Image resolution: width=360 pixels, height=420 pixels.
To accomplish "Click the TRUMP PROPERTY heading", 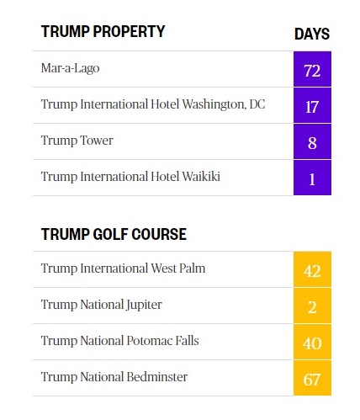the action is coord(103,31).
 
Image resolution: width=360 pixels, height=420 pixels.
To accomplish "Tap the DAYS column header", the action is coord(312,34).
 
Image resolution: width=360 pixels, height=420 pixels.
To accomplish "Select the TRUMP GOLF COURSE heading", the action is coord(114,234).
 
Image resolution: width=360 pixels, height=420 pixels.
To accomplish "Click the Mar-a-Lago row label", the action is coord(70,68).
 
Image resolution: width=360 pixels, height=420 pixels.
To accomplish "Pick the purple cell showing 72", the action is coord(312,69).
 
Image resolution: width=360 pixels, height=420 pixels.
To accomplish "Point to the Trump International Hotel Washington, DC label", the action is coord(153,104).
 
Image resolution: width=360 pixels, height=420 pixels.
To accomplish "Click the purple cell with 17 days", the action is coord(312,105).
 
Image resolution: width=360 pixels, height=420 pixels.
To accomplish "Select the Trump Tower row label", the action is coord(77,141).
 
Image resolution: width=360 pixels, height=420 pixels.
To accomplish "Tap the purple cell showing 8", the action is coord(312,141).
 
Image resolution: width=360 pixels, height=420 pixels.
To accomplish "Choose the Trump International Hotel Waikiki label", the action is coord(130,177).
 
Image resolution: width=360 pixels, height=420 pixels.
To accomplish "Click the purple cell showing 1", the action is coord(312,178).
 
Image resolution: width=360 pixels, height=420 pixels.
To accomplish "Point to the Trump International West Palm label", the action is coord(123,268).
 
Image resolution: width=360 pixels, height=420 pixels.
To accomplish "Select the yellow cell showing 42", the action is coord(312,269).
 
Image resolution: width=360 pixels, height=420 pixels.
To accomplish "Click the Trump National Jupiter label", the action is coord(102,305).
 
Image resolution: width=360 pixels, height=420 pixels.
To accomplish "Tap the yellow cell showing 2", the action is coord(312,306).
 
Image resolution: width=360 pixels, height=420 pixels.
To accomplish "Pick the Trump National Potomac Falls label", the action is coord(120,341).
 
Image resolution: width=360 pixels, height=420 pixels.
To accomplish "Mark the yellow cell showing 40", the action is coord(312,342).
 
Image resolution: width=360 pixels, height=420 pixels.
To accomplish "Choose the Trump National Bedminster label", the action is coord(114,377).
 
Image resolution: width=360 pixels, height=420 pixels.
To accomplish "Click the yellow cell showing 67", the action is coord(312,378).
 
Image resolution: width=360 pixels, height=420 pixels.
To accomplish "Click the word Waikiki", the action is coord(201,177).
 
